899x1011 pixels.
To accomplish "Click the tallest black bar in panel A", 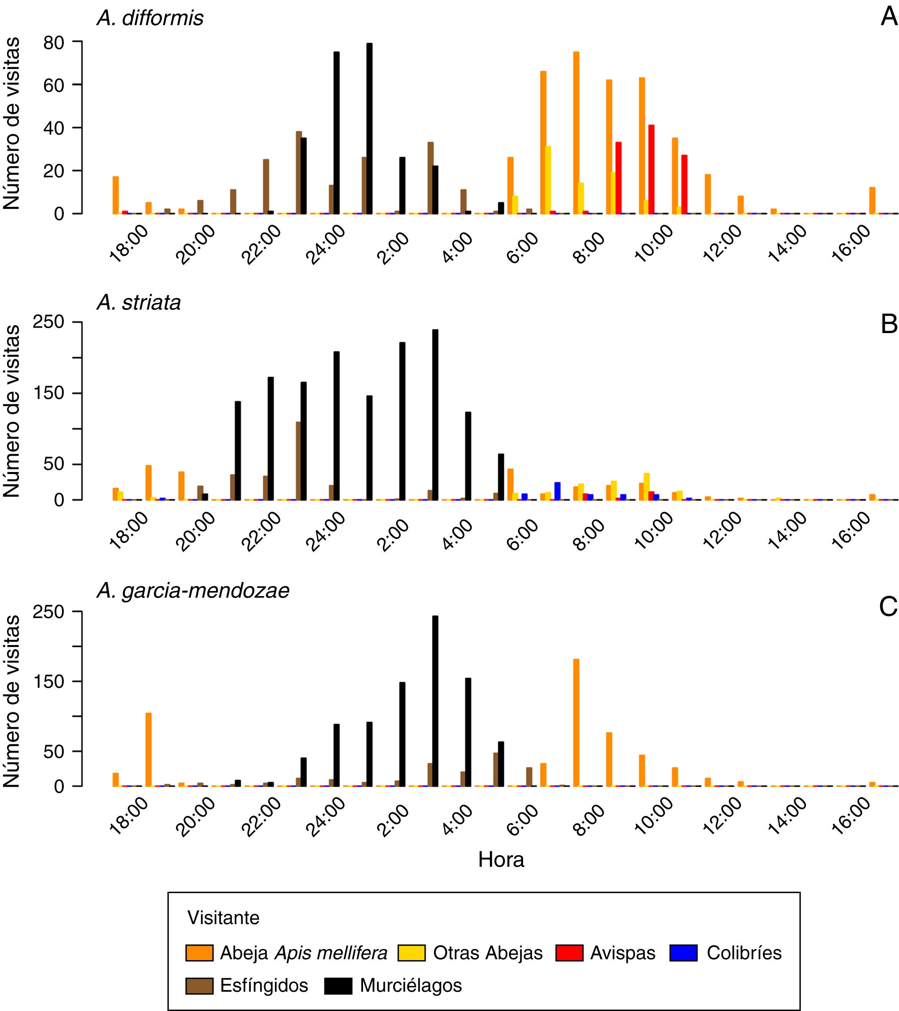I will tap(369, 129).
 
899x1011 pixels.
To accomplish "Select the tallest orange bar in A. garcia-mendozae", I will tap(576, 722).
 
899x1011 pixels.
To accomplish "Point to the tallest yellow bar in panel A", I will tap(548, 180).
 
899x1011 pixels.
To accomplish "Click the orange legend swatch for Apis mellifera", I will tap(199, 953).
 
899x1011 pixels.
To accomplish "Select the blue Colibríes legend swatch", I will tap(683, 953).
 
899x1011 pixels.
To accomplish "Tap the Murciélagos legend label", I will tap(410, 985).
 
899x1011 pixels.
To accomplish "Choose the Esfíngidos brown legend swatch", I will tap(199, 985).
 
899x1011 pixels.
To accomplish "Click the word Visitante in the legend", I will tap(223, 918).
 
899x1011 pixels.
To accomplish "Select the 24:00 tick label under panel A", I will tap(325, 245).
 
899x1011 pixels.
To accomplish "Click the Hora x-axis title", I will tap(500, 860).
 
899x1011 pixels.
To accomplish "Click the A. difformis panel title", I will tap(150, 18).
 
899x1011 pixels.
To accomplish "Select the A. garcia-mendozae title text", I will tap(193, 591).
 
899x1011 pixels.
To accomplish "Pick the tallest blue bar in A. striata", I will tap(557, 491).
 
